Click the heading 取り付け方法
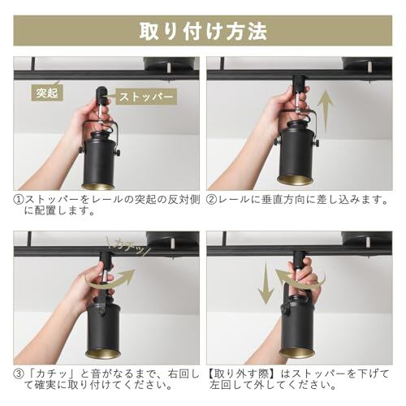203,31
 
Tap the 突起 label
47,93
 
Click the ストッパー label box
146,97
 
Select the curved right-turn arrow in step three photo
112,280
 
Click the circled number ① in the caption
19,200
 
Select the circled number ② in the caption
211,200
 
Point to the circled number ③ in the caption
19,374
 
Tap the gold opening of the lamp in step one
97,186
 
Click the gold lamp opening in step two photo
295,180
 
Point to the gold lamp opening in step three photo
102,353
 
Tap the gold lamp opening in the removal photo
296,353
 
